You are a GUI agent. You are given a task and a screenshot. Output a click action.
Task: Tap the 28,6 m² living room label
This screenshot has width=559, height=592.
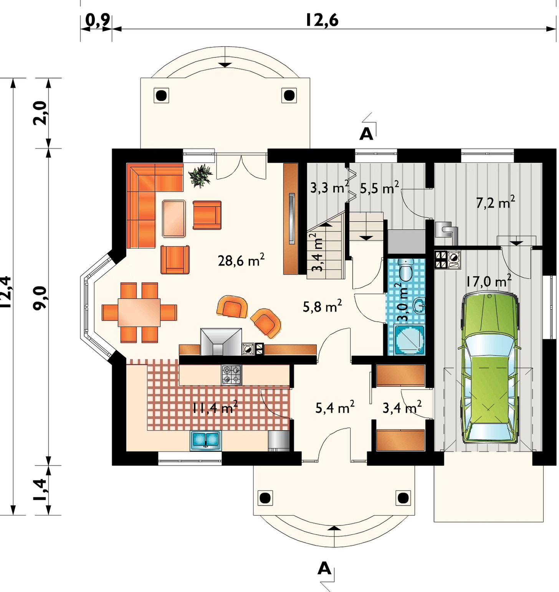pyautogui.click(x=241, y=260)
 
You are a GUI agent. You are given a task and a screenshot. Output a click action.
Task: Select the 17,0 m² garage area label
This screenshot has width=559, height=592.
pyautogui.click(x=489, y=281)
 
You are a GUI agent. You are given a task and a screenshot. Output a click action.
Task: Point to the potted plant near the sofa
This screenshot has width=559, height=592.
pyautogui.click(x=200, y=176)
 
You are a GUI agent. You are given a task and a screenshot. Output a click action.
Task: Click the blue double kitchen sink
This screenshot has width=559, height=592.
pyautogui.click(x=205, y=440)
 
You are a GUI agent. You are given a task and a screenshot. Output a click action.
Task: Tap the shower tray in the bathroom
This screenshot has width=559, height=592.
pyautogui.click(x=409, y=340)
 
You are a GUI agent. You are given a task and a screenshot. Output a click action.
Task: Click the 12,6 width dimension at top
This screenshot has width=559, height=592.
pyautogui.click(x=322, y=20)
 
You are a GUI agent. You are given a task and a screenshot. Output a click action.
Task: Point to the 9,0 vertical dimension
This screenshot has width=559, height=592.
pyautogui.click(x=40, y=298)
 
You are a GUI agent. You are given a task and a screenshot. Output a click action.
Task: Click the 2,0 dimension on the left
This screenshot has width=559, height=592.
pyautogui.click(x=40, y=113)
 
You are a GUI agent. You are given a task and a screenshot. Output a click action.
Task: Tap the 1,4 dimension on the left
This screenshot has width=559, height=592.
pyautogui.click(x=40, y=490)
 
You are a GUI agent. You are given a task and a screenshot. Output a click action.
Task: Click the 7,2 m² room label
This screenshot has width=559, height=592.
pyautogui.click(x=496, y=202)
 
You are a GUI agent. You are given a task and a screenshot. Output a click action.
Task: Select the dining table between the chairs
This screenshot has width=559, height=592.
pyautogui.click(x=139, y=312)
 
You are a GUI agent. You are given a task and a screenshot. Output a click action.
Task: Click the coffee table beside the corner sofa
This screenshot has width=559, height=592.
pyautogui.click(x=174, y=219)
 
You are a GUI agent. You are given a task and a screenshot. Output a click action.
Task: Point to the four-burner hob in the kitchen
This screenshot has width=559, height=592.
pyautogui.click(x=232, y=374)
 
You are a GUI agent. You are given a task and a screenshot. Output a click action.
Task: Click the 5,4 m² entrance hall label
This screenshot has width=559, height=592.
pyautogui.click(x=335, y=407)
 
